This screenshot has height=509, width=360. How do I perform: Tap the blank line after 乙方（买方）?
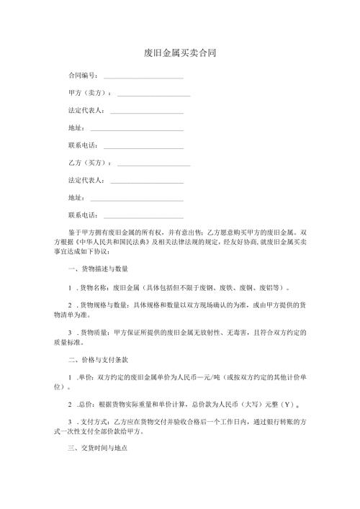153,163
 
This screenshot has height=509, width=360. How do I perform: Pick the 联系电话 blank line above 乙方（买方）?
143,146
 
